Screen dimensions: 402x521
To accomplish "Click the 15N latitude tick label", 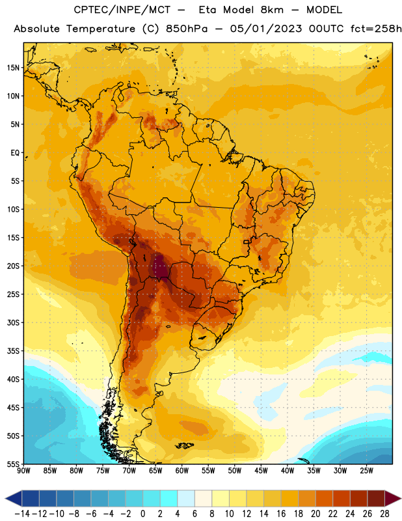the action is point(12,68).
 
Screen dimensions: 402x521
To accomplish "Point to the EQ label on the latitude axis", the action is point(15,153).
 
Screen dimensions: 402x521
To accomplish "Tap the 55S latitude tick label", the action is point(12,464).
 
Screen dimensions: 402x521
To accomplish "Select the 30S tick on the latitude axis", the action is point(12,322).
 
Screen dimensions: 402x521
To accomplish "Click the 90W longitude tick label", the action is point(23,471).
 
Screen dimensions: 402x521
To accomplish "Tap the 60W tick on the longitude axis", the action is point(182,471).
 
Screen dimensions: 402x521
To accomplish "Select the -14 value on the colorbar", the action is point(22,514).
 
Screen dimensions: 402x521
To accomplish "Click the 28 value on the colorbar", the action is point(384,514).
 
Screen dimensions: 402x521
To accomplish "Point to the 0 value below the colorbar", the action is point(142,514).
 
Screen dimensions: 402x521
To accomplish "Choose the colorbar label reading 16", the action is point(281,514).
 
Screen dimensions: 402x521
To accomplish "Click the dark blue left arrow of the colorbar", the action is point(14,498).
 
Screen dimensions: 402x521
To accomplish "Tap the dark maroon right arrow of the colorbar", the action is point(393,498).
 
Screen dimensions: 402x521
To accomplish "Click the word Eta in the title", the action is point(208,10).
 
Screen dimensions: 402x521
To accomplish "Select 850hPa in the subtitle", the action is point(187,29).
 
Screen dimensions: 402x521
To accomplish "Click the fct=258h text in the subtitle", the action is point(376,29).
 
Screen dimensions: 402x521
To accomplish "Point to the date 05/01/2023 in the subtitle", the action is point(266,29).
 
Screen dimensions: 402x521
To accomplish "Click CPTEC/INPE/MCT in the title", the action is point(122,10).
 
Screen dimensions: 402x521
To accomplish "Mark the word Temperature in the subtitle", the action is point(101,29).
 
